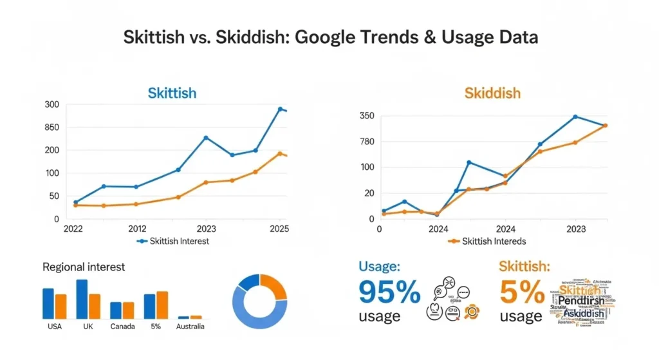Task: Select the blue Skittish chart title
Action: tap(172, 93)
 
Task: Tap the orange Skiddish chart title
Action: tap(492, 93)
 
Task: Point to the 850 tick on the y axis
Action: tap(51, 128)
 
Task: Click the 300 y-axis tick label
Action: tap(51, 105)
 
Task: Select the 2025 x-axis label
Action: tap(279, 229)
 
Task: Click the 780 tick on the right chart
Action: tap(367, 142)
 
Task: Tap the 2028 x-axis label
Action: tap(575, 229)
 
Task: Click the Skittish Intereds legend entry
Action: tap(487, 242)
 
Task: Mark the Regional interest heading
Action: tap(84, 267)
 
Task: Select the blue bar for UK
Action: tap(82, 299)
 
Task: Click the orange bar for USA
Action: tap(60, 307)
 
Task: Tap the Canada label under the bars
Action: tap(122, 327)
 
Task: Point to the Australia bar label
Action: tap(190, 327)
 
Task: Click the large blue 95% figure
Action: tap(389, 293)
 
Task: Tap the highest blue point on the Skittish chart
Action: tap(280, 109)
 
